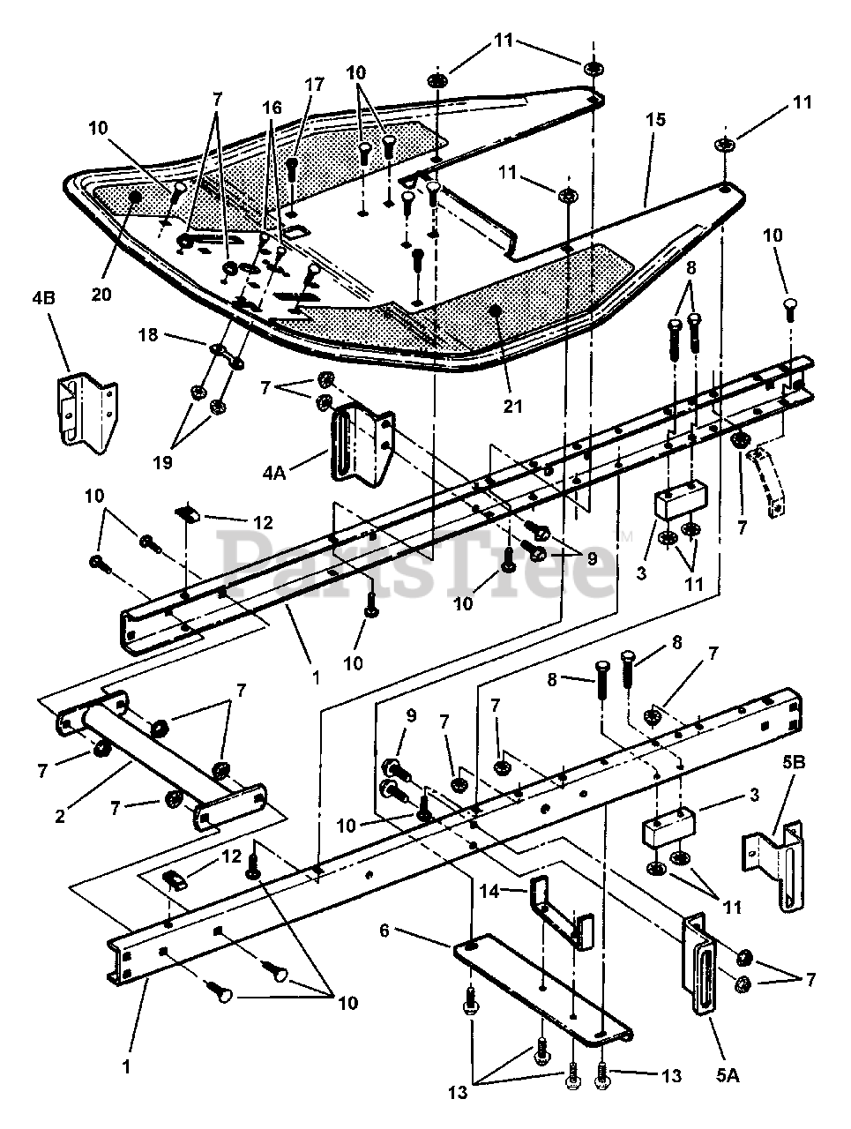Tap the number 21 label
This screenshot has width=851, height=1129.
[513, 406]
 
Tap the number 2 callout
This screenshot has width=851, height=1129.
[60, 816]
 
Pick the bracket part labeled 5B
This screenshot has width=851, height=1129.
[778, 865]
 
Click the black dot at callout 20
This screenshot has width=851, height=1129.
[135, 197]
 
